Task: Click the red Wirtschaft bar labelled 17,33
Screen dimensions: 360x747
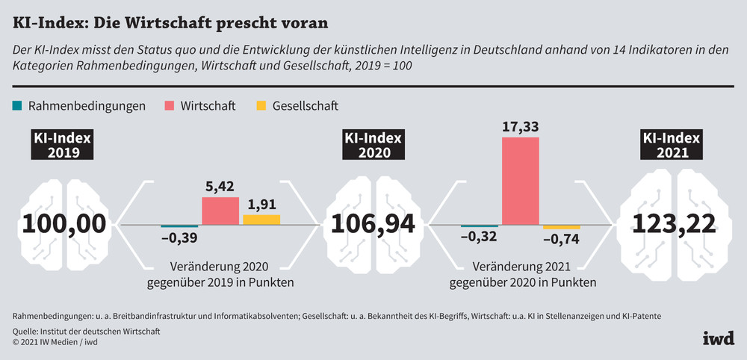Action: tap(520, 181)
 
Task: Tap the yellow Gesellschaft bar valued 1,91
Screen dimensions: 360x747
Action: tap(261, 220)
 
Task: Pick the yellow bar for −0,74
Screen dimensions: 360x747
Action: tap(562, 227)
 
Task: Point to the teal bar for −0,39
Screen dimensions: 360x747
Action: tap(179, 226)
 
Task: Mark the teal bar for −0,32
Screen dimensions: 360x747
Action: tap(480, 226)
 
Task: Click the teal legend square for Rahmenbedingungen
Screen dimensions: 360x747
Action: tap(17, 105)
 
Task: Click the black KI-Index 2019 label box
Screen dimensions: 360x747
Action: tap(62, 146)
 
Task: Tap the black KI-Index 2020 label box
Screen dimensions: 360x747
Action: tap(372, 146)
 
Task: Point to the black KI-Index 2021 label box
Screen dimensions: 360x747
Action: tap(670, 146)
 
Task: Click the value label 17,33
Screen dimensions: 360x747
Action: tap(520, 128)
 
